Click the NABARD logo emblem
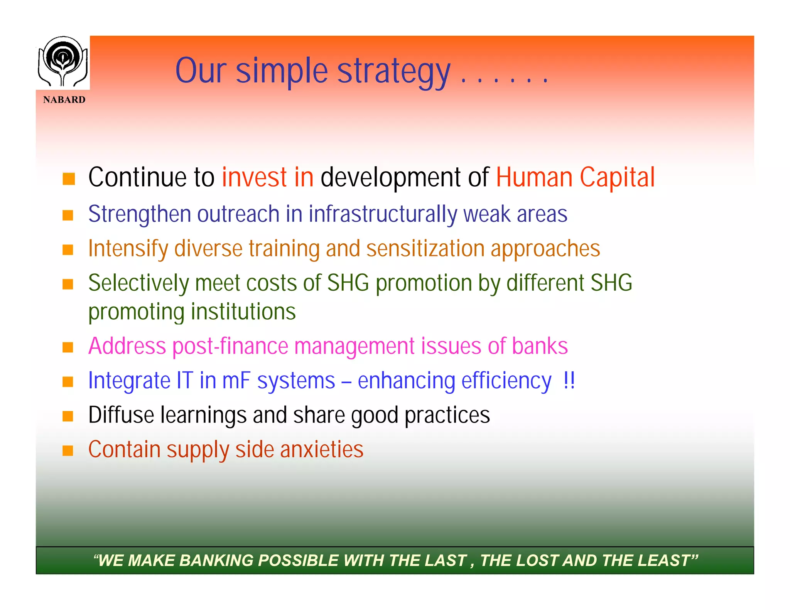tap(63, 62)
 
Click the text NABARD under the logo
tap(64, 100)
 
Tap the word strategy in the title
tap(393, 72)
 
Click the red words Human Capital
tap(575, 178)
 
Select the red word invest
tap(254, 178)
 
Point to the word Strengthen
tap(139, 214)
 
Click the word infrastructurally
tap(382, 214)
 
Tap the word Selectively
tap(138, 283)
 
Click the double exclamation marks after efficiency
tap(569, 381)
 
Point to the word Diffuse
tap(121, 415)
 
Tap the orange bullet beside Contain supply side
tap(68, 450)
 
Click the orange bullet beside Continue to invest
tap(69, 179)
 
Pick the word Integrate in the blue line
tap(129, 381)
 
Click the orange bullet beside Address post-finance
tap(68, 347)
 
